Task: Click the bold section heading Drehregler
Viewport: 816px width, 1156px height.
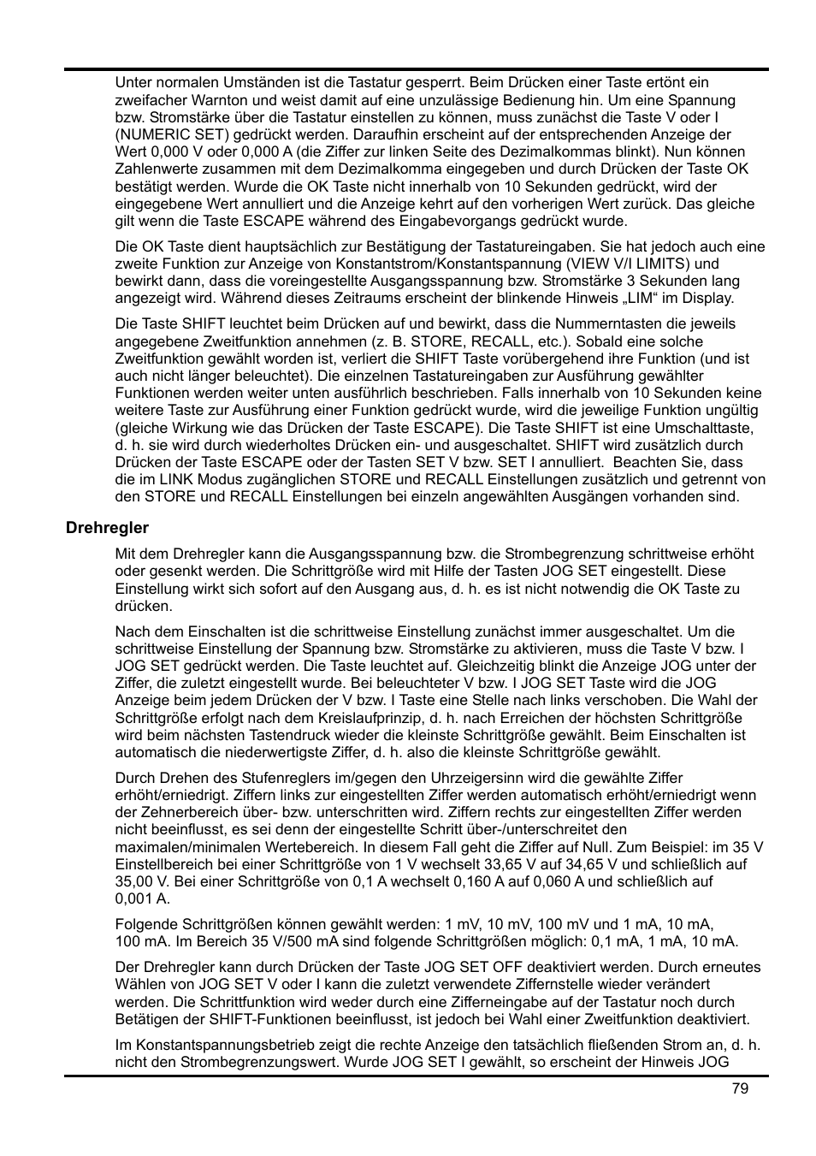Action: (107, 528)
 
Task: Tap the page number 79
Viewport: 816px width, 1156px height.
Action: (740, 1088)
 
